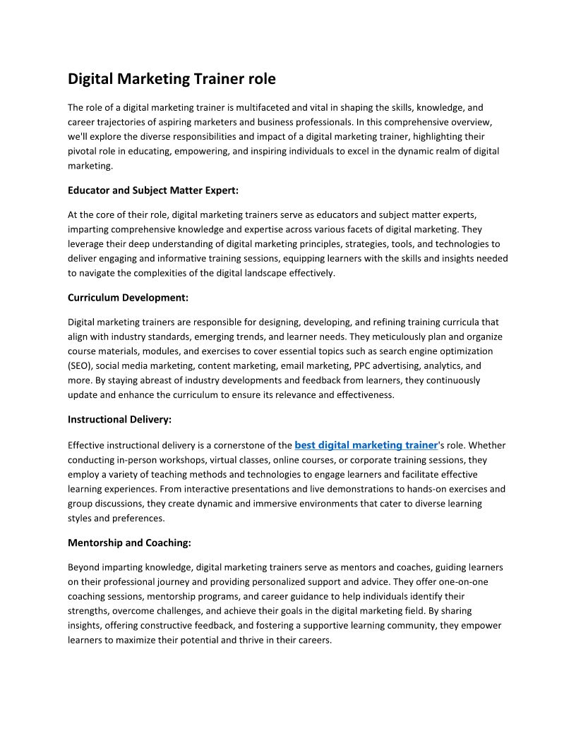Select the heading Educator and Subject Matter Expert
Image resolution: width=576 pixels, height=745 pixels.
[x=153, y=190]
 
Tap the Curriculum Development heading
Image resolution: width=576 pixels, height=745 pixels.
[x=128, y=298]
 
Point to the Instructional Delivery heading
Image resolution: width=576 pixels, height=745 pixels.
[x=119, y=419]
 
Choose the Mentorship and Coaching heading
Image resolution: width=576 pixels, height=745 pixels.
[x=129, y=543]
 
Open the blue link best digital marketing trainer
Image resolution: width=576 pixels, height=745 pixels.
[x=366, y=445]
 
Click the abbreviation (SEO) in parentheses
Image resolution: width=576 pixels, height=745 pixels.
[x=80, y=365]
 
